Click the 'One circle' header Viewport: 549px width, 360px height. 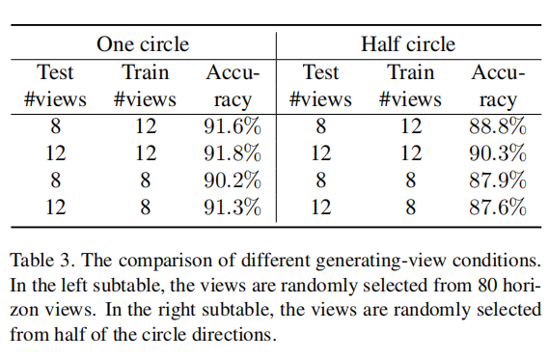[x=142, y=44]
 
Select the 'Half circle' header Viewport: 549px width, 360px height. [x=408, y=44]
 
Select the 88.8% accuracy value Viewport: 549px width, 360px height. [x=498, y=125]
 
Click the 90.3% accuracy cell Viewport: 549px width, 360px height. [x=498, y=152]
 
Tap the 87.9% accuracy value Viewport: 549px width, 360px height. [x=498, y=180]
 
